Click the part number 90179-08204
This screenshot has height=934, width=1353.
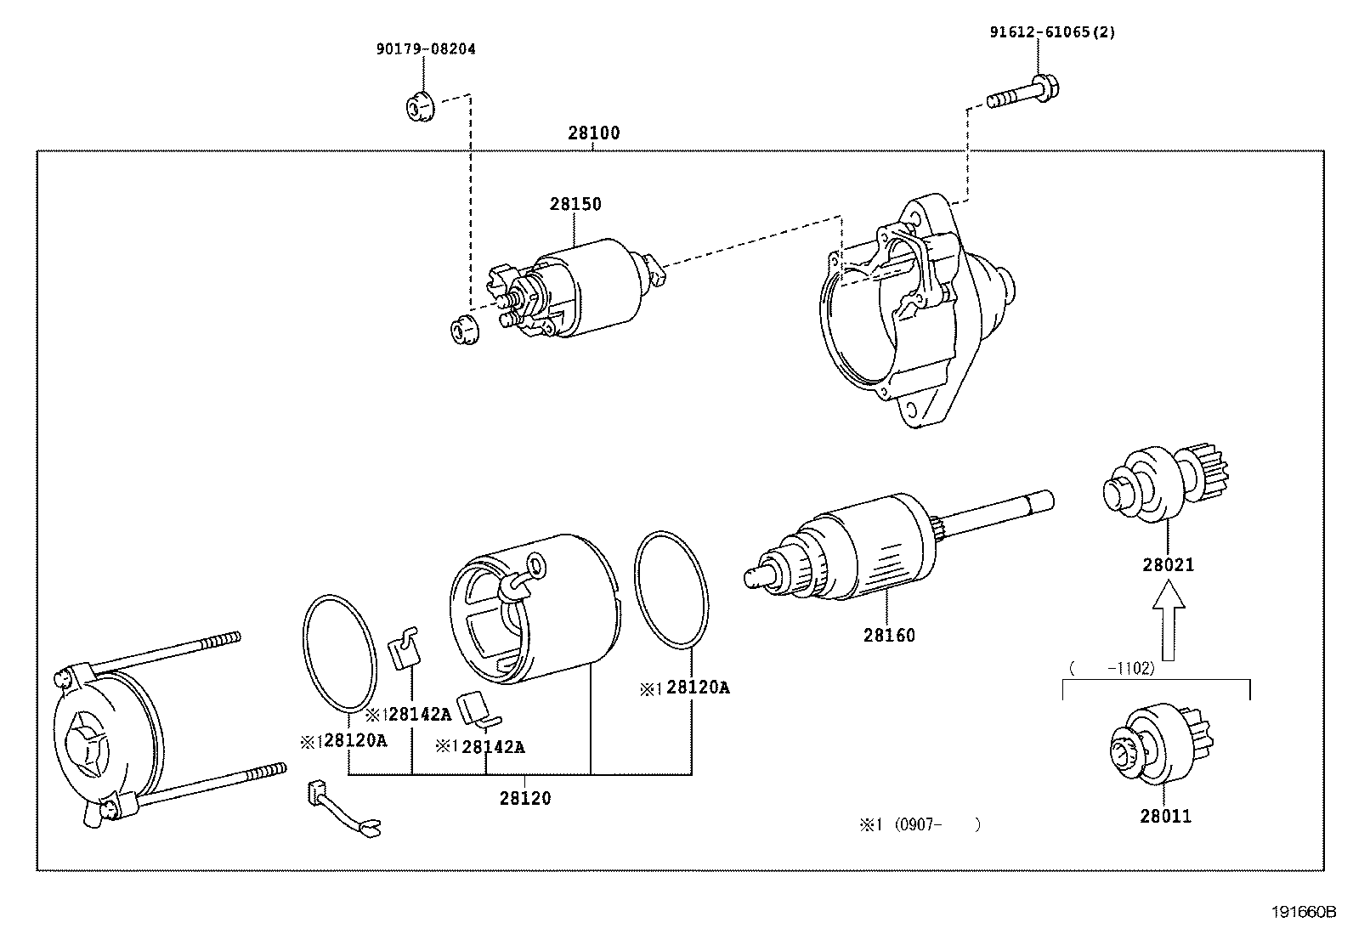coord(426,49)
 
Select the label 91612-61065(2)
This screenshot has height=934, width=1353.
coord(1052,32)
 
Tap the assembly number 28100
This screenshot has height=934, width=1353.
coord(594,133)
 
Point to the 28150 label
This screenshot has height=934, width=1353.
coord(575,204)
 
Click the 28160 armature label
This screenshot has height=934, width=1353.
coord(889,636)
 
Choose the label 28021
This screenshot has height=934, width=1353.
coord(1169,565)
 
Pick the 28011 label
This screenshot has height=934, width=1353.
coord(1166,817)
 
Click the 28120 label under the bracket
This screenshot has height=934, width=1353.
coord(525,799)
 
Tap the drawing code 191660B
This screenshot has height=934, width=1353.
coord(1305,912)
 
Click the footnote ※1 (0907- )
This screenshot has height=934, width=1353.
coord(920,824)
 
